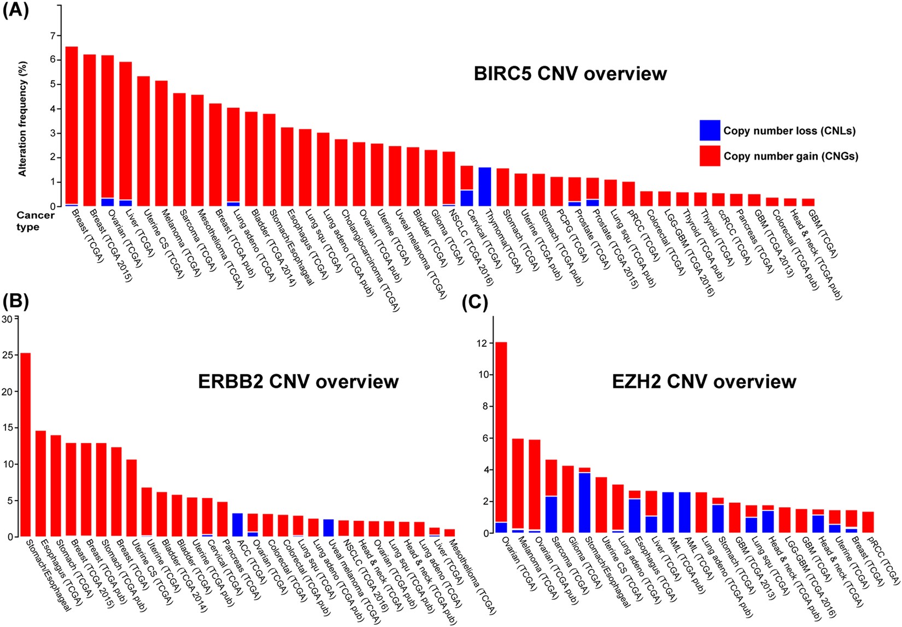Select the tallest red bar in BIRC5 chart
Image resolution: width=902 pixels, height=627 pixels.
coord(72,126)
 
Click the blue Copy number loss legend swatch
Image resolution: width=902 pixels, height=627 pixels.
coord(710,131)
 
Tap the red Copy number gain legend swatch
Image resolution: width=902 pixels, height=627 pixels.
coord(710,156)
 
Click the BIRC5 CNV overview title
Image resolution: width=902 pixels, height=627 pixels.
coord(570,73)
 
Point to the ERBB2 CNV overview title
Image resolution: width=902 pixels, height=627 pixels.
coord(298,381)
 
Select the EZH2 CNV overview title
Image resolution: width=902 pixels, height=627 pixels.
coord(704,381)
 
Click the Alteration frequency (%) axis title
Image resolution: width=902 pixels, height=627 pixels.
coord(22,118)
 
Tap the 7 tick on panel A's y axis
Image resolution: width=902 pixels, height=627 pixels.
coord(53,36)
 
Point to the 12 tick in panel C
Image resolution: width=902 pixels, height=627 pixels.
coord(481,344)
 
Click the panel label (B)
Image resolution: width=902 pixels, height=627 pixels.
coord(16,302)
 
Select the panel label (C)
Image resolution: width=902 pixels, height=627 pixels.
coord(475,302)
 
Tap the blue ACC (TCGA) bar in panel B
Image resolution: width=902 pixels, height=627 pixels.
coord(237,525)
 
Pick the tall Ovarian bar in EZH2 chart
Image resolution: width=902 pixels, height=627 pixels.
coord(501,438)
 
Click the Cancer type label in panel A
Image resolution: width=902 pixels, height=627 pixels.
coord(35,220)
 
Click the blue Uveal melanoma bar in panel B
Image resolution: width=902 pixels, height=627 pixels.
coord(328,528)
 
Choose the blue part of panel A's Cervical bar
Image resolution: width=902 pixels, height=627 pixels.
coord(466,198)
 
